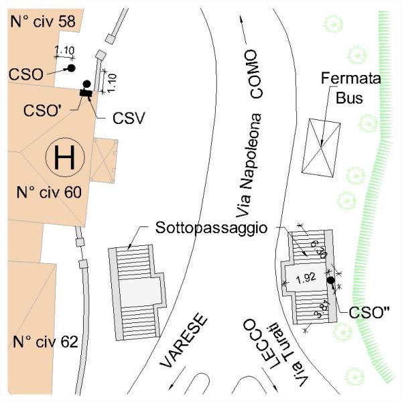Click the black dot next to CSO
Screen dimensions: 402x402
coord(71,68)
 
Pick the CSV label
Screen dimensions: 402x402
coord(129,119)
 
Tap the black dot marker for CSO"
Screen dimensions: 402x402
coord(330,280)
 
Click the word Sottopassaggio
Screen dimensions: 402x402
coord(211,228)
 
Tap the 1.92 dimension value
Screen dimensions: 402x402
coord(305,277)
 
